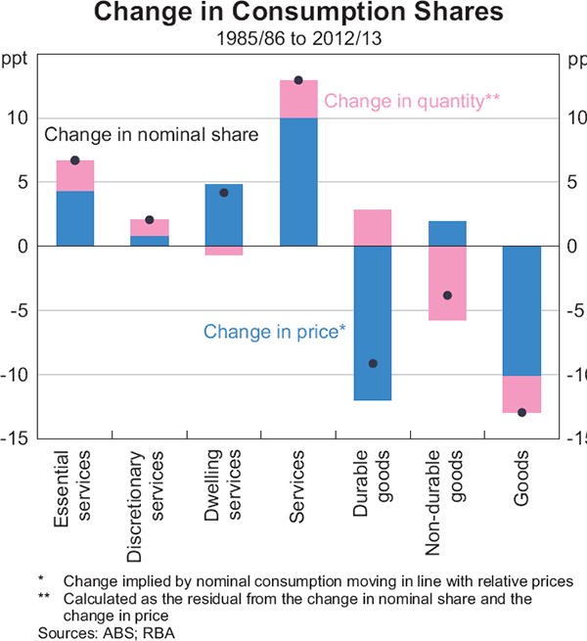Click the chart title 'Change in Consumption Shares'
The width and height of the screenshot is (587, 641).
tap(293, 14)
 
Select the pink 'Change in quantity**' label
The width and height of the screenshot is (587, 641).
tap(412, 100)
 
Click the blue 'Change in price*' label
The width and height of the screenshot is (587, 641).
tap(274, 331)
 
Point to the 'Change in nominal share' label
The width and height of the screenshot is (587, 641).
tap(152, 135)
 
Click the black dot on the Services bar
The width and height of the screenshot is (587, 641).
tap(298, 80)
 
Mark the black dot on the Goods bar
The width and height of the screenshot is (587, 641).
tap(521, 412)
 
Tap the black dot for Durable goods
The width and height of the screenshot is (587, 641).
tap(373, 363)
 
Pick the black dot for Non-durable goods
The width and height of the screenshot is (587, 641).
tap(447, 296)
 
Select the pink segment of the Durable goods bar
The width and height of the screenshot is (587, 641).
tap(373, 227)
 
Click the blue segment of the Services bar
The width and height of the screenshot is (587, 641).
tap(298, 181)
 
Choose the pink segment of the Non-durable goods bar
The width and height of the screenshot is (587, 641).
tap(447, 283)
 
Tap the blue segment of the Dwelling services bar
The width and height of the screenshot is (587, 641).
tap(224, 214)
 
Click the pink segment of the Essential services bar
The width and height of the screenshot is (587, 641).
tap(75, 175)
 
